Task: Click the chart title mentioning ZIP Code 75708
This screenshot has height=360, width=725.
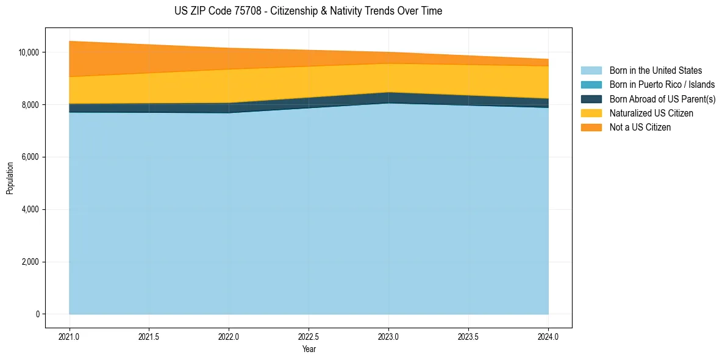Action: point(308,11)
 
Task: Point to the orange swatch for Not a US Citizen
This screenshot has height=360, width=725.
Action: point(591,128)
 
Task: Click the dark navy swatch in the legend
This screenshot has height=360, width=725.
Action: point(591,99)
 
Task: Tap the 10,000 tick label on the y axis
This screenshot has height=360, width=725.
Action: point(28,52)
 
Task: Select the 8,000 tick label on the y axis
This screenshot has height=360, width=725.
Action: point(30,105)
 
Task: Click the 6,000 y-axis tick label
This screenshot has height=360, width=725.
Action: point(30,157)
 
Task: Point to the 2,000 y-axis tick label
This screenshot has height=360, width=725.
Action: point(30,262)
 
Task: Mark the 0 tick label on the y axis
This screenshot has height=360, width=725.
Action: point(37,314)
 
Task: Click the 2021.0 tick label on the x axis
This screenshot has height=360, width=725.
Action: point(70,336)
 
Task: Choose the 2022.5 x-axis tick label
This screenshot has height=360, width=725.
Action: point(309,336)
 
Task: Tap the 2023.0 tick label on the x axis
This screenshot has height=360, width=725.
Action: point(388,336)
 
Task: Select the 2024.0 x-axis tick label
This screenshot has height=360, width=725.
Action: point(548,336)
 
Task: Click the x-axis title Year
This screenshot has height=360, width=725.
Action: point(309,349)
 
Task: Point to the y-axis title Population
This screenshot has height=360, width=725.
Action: point(10,178)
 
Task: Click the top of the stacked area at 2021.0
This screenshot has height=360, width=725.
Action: point(70,41)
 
